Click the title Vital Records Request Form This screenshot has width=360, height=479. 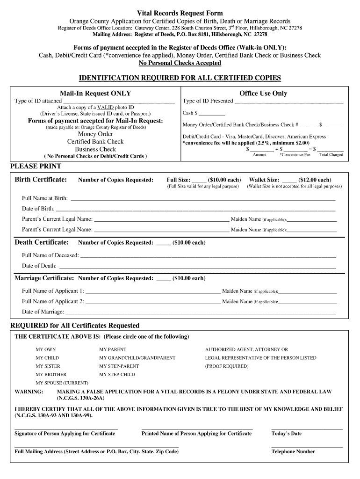tap(180, 13)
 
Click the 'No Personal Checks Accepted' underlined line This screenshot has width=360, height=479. tap(180, 63)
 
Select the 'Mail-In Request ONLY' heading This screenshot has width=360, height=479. tap(95, 94)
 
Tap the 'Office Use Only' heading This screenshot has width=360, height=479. tap(263, 94)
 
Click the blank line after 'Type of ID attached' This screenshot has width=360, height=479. tap(119, 101)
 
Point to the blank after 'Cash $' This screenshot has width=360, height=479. tap(211, 113)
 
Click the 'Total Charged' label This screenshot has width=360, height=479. tap(331, 155)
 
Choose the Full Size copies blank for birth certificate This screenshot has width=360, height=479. tap(199, 180)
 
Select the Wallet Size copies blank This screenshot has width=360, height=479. tap(289, 180)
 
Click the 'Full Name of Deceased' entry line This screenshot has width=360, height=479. tap(208, 255)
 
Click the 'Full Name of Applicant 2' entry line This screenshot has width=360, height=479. tap(153, 302)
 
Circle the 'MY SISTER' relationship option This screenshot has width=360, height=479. tap(48, 366)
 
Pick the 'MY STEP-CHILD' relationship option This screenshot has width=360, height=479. tap(117, 375)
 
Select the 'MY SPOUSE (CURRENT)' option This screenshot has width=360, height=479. tap(62, 383)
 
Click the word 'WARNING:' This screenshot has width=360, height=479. tap(29, 392)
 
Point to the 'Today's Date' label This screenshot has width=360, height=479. tap(286, 434)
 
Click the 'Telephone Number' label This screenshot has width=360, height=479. tap(293, 452)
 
